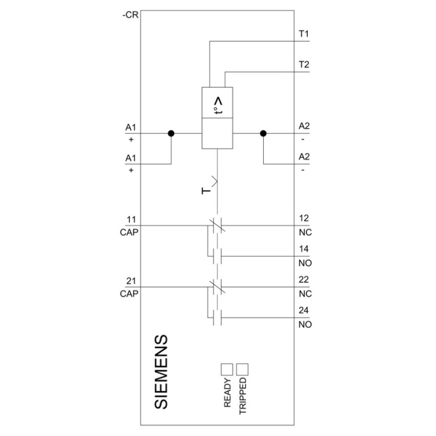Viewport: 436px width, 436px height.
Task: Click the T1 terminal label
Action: click(x=304, y=34)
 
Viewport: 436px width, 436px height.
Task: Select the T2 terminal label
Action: click(x=304, y=65)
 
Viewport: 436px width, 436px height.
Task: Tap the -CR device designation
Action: click(x=130, y=15)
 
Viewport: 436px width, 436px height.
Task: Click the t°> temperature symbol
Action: click(x=219, y=106)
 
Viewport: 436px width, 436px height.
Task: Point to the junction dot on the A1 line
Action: click(x=171, y=133)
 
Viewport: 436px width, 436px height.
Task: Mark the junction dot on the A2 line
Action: click(x=263, y=133)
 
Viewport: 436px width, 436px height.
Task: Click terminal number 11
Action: click(x=131, y=220)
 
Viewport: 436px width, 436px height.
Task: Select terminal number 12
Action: click(x=304, y=218)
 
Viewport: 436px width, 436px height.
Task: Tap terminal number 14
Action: click(x=304, y=249)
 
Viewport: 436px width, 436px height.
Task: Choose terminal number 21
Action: click(x=131, y=281)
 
